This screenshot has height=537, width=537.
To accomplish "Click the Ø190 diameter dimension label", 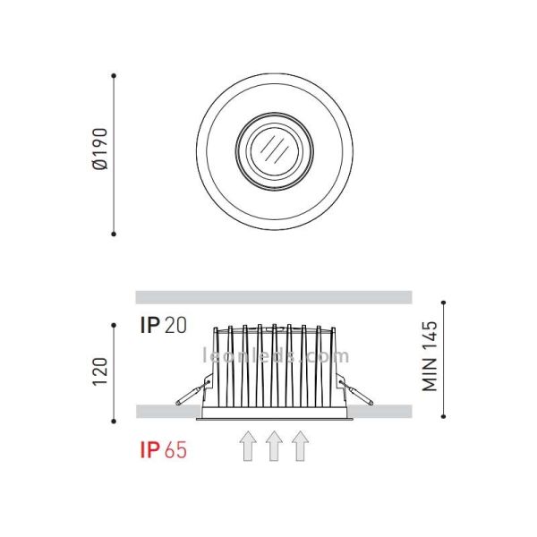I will tap(100, 153).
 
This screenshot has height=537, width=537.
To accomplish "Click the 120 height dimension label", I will tap(100, 371).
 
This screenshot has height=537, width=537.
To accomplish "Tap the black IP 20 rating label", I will tap(163, 325).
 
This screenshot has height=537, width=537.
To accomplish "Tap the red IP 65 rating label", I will tap(164, 449).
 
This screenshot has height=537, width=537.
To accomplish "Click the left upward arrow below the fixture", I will tap(248, 446).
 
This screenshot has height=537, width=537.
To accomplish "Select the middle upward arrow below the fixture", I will tap(274, 446).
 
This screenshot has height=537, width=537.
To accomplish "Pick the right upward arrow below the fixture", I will tap(300, 446).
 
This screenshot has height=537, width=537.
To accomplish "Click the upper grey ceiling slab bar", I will tap(273, 297).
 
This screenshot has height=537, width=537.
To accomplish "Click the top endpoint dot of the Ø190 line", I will tap(114, 75).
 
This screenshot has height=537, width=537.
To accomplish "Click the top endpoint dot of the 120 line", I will tap(114, 325).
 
